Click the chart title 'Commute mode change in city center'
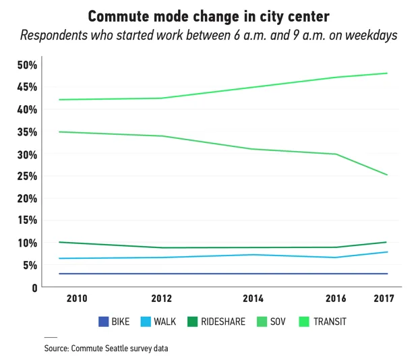point(208,15)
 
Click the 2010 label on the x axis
point(76,299)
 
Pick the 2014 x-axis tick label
point(252,299)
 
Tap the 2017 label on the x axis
point(384,299)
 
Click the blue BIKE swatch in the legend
point(103,322)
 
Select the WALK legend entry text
point(164,322)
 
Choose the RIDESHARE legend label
point(223,322)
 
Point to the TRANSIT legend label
point(330,322)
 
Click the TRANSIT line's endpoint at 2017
point(387,73)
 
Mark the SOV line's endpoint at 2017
point(387,175)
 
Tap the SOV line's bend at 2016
point(336,154)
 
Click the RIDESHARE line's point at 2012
point(162,247)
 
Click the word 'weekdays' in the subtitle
point(367,35)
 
